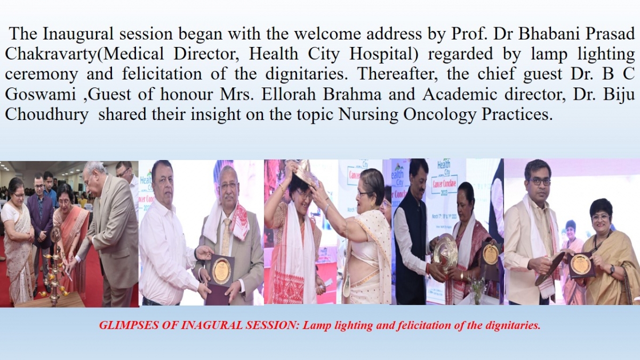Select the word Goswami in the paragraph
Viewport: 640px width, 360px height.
pos(41,94)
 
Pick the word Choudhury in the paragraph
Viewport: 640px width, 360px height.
pos(46,115)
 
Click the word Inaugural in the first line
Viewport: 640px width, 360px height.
pos(78,34)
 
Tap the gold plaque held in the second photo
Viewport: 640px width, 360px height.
pos(222,269)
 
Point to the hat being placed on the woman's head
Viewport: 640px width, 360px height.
pos(301,175)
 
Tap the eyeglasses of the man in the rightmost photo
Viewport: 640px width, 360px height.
pos(538,182)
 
